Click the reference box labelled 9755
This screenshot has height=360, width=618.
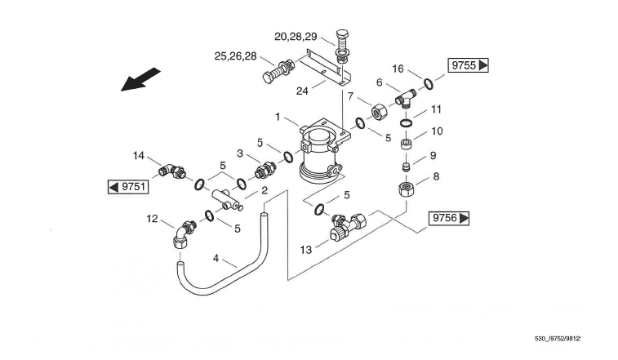467,65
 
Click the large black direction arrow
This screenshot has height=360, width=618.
140,80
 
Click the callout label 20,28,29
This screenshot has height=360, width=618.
296,37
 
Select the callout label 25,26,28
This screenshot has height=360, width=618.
233,56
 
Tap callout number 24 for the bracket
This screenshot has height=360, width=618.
302,91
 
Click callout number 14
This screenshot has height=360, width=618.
139,154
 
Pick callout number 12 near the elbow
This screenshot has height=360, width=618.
152,219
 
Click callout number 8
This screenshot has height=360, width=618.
436,176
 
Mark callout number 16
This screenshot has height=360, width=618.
398,69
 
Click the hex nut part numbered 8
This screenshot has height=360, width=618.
407,189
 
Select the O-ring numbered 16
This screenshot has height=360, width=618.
428,83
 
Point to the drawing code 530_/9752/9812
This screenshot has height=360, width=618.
558,338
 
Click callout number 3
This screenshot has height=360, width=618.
241,153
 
